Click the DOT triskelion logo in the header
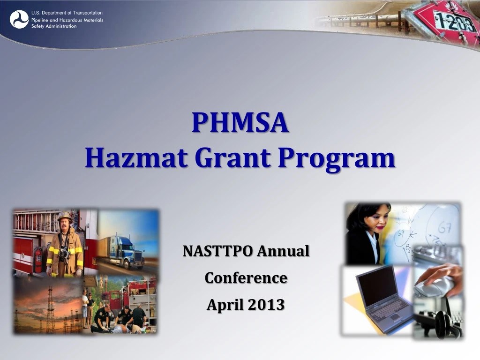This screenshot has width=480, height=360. pyautogui.click(x=19, y=19)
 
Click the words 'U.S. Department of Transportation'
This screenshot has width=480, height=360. pyautogui.click(x=67, y=13)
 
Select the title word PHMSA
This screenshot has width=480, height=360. pyautogui.click(x=240, y=123)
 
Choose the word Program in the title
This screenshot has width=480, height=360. pyautogui.click(x=336, y=158)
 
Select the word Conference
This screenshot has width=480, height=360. pyautogui.click(x=246, y=278)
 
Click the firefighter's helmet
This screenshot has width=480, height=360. pyautogui.click(x=65, y=217)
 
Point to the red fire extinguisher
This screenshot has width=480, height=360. pyautogui.click(x=38, y=260)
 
